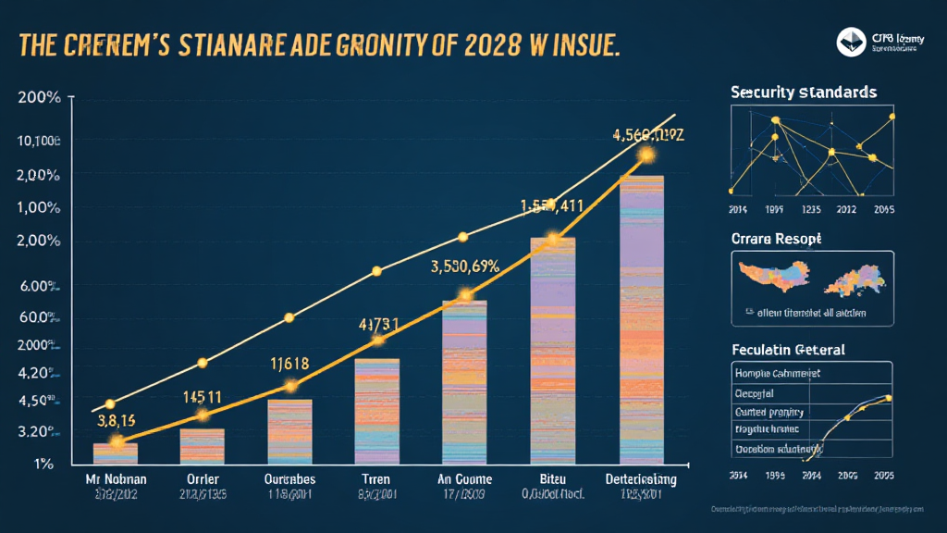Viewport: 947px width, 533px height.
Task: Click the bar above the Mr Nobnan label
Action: pyautogui.click(x=116, y=452)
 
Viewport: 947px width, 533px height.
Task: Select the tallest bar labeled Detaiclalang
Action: pyautogui.click(x=641, y=319)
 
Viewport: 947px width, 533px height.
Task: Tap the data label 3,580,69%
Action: pyautogui.click(x=465, y=266)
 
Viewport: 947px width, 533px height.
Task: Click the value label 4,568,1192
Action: pyautogui.click(x=648, y=134)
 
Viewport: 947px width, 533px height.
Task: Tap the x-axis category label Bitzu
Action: pyautogui.click(x=553, y=479)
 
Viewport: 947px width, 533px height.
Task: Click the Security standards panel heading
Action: pyautogui.click(x=804, y=93)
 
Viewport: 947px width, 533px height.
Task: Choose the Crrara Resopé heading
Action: pyautogui.click(x=777, y=238)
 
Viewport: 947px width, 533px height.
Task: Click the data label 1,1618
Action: pyautogui.click(x=289, y=364)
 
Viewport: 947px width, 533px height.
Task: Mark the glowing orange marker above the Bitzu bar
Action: pyautogui.click(x=553, y=239)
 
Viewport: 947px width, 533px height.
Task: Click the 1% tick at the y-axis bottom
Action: pyautogui.click(x=43, y=463)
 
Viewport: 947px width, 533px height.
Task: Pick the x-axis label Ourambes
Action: pyautogui.click(x=289, y=479)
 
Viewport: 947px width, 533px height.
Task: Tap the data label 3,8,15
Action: pyautogui.click(x=116, y=418)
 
